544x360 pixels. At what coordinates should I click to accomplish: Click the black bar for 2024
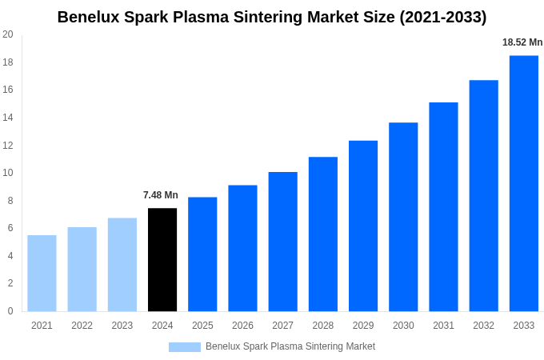(162, 260)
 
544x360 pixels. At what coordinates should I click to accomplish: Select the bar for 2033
(523, 183)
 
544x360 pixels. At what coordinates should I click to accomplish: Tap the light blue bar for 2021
(42, 273)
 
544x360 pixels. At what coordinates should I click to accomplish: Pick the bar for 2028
(322, 234)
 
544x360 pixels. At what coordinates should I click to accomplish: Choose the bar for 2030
(403, 217)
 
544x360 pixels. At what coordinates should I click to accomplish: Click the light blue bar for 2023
(122, 265)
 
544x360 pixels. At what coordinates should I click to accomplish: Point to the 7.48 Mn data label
(161, 195)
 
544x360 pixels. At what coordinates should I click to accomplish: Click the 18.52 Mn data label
(522, 42)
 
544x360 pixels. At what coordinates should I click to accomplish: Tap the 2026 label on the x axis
(242, 326)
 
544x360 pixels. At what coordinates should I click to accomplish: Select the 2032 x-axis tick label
(483, 326)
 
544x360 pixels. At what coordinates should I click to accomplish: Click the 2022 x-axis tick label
(82, 326)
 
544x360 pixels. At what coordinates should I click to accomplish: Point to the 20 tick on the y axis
(8, 34)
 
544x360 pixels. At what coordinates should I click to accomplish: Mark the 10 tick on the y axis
(8, 173)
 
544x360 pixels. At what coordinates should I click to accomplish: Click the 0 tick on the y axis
(10, 311)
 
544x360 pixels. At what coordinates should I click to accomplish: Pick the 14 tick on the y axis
(8, 118)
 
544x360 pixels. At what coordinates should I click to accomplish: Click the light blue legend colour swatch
(184, 347)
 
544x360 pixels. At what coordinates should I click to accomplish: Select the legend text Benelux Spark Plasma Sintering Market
(290, 346)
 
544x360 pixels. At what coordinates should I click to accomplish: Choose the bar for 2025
(202, 254)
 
